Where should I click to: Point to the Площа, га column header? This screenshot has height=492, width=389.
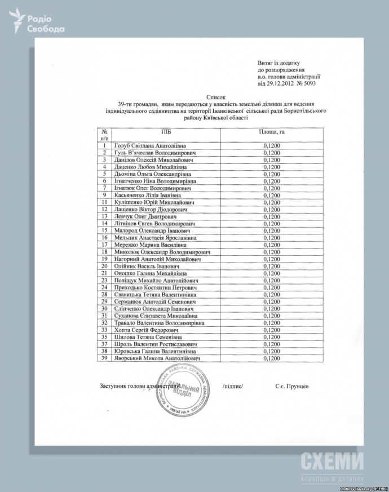tap(273, 131)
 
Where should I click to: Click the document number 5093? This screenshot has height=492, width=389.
tap(308, 83)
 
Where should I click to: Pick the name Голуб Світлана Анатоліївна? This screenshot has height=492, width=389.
tap(150, 145)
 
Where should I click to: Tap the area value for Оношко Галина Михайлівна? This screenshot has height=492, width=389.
tap(272, 273)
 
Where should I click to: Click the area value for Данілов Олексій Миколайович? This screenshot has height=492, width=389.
tap(272, 159)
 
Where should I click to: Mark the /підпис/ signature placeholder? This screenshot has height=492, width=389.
tap(233, 387)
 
